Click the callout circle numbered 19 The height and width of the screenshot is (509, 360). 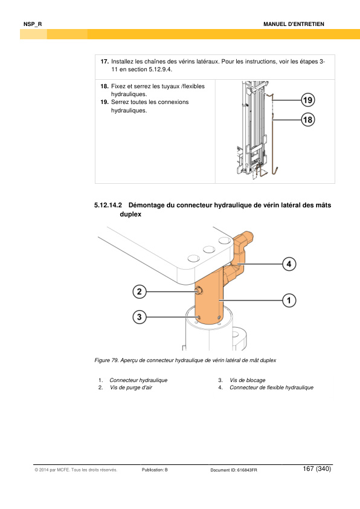click(307, 100)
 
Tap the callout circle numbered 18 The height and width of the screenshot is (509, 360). click(307, 120)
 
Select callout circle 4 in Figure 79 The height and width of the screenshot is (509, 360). click(289, 264)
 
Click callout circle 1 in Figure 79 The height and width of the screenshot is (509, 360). click(289, 300)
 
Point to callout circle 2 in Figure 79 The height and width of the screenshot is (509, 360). click(140, 291)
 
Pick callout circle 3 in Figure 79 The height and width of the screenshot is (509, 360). click(140, 317)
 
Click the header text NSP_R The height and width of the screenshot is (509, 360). click(33, 24)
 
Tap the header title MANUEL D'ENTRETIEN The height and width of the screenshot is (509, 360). click(294, 24)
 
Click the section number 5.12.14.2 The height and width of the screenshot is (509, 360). click(108, 205)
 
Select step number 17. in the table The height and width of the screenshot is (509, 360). click(104, 61)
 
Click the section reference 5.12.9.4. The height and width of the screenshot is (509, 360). click(160, 70)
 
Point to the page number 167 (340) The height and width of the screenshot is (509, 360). click(317, 468)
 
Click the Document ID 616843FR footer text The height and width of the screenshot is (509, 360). click(234, 470)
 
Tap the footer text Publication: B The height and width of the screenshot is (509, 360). click(155, 470)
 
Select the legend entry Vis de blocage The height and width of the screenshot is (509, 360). click(248, 380)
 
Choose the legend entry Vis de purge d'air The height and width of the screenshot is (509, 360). click(130, 387)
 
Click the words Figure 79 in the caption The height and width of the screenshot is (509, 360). click(106, 360)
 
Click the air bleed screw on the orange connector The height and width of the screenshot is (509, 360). click(199, 291)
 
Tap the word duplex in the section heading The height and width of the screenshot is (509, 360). click(130, 214)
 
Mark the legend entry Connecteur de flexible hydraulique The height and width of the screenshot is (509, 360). click(271, 387)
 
